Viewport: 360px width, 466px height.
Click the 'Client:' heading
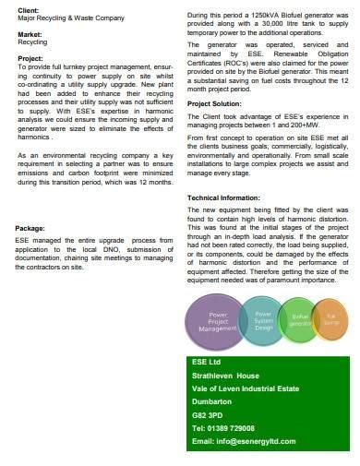[29, 9]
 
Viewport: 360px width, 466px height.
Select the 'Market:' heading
[30, 34]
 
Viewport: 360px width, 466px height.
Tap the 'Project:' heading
[30, 58]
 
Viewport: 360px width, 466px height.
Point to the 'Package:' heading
[30, 227]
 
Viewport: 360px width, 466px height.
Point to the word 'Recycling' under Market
[33, 42]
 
